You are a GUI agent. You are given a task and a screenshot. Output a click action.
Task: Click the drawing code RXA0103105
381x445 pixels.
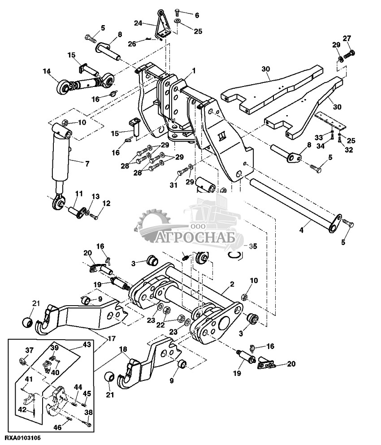pyautogui.click(x=23, y=437)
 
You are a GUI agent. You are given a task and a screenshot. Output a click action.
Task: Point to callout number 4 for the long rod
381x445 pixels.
pyautogui.click(x=302, y=230)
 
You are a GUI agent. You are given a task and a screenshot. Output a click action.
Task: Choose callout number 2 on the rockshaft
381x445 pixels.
pyautogui.click(x=232, y=284)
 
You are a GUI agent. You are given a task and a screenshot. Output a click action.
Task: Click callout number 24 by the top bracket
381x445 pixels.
pyautogui.click(x=138, y=22)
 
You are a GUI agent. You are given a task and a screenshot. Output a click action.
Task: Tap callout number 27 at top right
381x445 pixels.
pyautogui.click(x=347, y=39)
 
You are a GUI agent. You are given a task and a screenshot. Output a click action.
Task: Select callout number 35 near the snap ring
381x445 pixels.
pyautogui.click(x=253, y=246)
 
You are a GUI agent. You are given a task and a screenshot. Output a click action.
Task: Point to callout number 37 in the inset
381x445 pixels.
pyautogui.click(x=30, y=350)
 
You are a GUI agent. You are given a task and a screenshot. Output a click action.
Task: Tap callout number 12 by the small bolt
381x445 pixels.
pyautogui.click(x=106, y=203)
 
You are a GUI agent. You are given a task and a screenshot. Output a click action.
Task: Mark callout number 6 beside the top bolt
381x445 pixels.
pyautogui.click(x=196, y=15)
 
